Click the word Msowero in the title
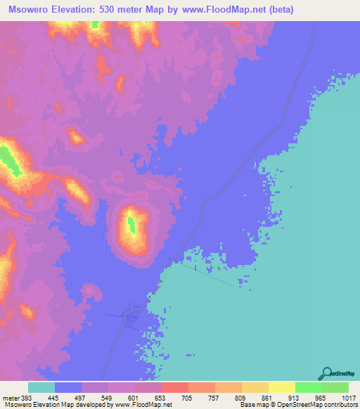30,10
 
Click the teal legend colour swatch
41,388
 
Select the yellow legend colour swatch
281,388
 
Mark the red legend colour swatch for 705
174,388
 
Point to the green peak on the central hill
131,225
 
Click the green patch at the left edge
10,160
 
